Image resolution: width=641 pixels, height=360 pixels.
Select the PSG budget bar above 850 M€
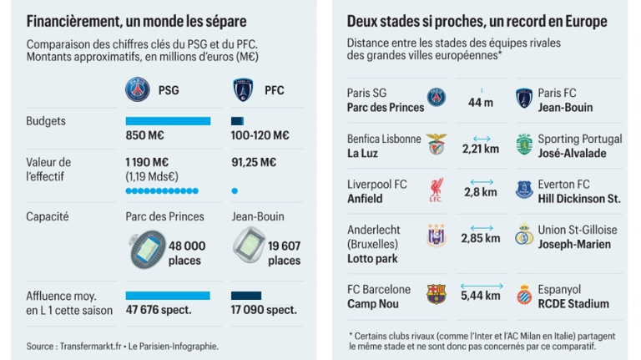click(x=168, y=121)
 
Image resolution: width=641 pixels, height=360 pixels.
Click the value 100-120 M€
click(x=259, y=135)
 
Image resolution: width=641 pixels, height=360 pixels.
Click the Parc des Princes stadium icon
click(x=146, y=248)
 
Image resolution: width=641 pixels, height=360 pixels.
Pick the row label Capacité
click(x=47, y=216)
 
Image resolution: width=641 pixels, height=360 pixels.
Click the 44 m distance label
click(x=480, y=103)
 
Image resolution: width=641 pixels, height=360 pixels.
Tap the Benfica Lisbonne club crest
click(x=437, y=145)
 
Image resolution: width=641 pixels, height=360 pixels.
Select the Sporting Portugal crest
click(x=524, y=145)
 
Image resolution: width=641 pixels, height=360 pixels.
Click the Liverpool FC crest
click(x=437, y=190)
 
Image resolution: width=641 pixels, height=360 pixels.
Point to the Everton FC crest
click(x=524, y=190)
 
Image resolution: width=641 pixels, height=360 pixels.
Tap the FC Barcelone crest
click(x=437, y=294)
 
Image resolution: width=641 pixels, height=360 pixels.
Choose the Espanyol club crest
click(x=524, y=294)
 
